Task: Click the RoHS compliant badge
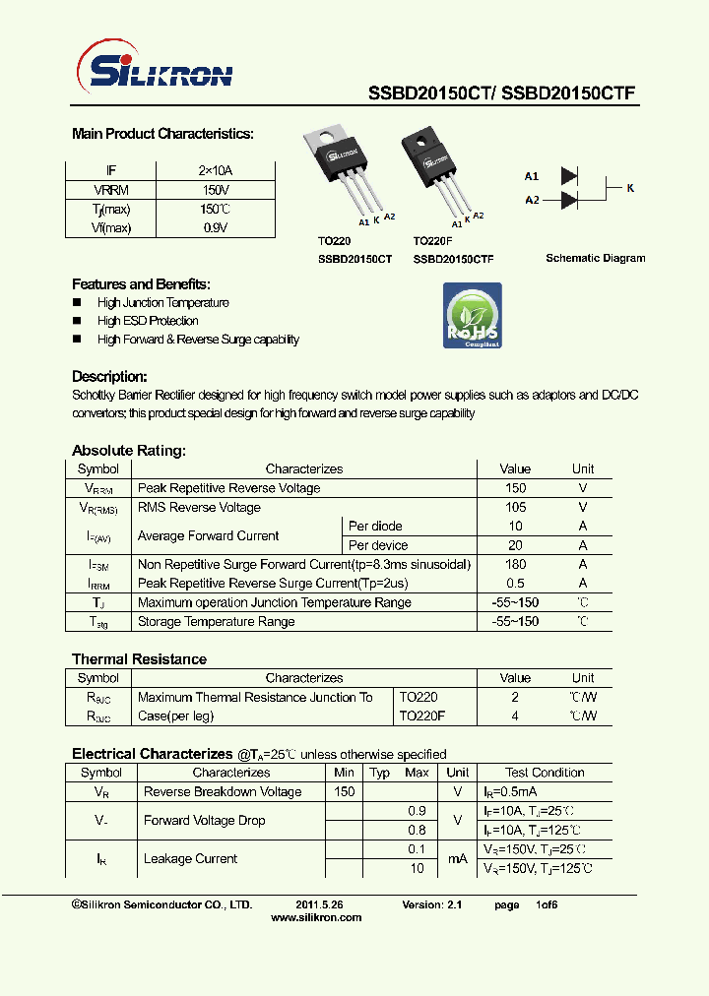(x=472, y=316)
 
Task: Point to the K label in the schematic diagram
(x=630, y=186)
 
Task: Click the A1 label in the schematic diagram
(x=532, y=176)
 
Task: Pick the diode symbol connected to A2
(x=569, y=200)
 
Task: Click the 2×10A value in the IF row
(x=215, y=170)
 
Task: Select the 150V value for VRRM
(x=215, y=190)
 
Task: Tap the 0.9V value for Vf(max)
(x=215, y=227)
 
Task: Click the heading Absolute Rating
(x=128, y=451)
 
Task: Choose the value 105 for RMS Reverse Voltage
(x=514, y=507)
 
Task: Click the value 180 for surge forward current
(x=514, y=564)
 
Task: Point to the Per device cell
(x=378, y=545)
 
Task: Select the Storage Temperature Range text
(x=217, y=621)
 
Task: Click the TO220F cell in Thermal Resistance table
(x=422, y=716)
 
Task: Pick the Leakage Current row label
(x=190, y=859)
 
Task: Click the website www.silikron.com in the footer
(x=315, y=917)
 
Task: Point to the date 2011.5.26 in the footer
(x=319, y=904)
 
